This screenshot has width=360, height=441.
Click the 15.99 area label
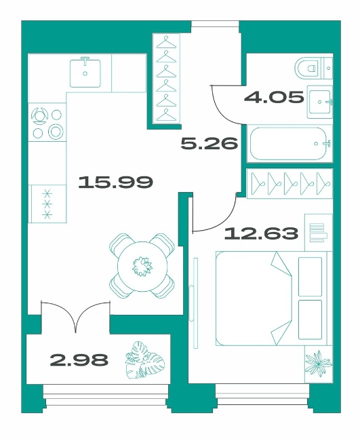coord(115,182)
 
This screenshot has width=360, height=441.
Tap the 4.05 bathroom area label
coord(274,98)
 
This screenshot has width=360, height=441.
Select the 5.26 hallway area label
coord(209,143)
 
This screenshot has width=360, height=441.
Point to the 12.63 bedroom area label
coord(261,233)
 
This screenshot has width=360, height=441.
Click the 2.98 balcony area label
coord(79,360)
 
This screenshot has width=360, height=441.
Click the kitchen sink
coord(85,72)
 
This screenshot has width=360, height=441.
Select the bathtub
coord(289,144)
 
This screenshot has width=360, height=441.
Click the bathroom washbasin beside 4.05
coord(320,102)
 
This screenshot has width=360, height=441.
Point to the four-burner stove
coord(47,123)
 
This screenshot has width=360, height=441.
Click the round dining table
coord(142,266)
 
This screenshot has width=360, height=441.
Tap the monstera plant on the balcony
coord(144,360)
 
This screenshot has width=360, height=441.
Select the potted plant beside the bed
coord(319,364)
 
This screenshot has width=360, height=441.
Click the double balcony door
coord(76,316)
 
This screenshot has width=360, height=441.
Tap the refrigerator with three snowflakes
coord(47,204)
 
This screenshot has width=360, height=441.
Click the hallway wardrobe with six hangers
coord(166,78)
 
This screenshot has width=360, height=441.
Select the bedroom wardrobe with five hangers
coord(289,183)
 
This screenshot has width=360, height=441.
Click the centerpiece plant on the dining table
coord(142,266)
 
